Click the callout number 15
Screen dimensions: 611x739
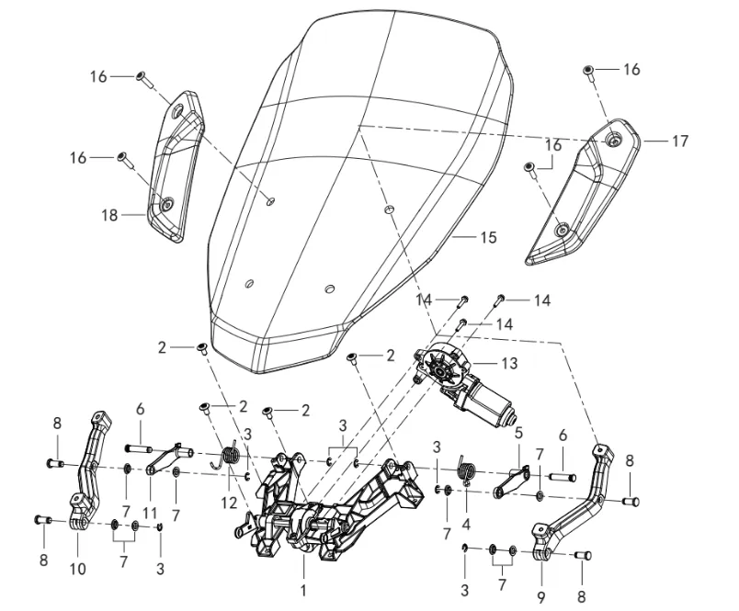pos(487,237)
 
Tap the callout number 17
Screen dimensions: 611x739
pos(679,141)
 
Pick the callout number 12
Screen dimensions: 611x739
pos(229,503)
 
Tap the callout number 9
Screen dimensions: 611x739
pos(542,582)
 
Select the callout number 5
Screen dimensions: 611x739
pos(518,431)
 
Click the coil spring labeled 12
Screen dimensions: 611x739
pos(231,454)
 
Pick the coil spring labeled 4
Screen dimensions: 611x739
pos(465,470)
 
